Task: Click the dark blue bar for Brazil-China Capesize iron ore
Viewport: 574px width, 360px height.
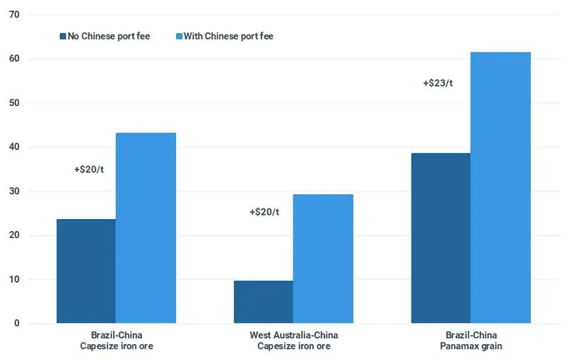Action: click(86, 271)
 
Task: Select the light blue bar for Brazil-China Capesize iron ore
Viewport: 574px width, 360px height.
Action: click(146, 228)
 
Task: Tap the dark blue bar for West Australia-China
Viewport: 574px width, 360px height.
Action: click(263, 302)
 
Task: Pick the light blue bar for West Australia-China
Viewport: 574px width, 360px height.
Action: click(323, 259)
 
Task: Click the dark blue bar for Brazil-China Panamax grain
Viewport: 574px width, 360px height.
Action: click(441, 238)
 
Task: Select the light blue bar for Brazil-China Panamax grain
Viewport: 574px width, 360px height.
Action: click(501, 188)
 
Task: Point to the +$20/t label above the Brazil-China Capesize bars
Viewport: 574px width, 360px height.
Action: click(89, 169)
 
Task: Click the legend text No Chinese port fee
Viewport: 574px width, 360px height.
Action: click(109, 36)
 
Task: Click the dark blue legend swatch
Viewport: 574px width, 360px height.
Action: click(63, 36)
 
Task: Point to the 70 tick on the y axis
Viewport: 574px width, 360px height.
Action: click(14, 15)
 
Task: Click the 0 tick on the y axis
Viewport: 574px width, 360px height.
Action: click(17, 324)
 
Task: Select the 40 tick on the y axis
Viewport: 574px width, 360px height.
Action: click(14, 147)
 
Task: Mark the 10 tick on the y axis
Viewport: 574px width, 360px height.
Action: click(14, 279)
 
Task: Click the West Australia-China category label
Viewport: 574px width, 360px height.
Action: click(293, 335)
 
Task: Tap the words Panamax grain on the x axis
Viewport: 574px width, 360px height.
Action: click(471, 346)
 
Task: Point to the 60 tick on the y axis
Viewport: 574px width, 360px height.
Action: click(14, 59)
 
